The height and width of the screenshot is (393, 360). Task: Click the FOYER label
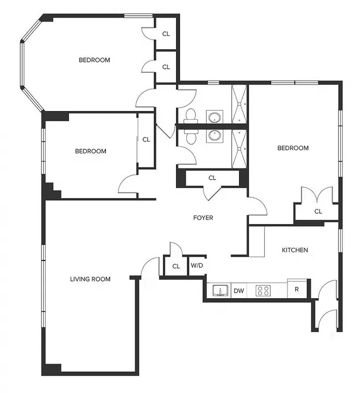tap(202, 218)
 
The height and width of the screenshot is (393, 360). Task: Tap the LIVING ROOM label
tap(90, 279)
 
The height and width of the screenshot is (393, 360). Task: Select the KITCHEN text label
tap(295, 250)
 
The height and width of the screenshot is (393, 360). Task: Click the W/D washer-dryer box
tap(196, 266)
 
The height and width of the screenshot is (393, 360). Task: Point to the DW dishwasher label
tap(239, 291)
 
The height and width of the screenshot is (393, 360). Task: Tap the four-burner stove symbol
tap(263, 291)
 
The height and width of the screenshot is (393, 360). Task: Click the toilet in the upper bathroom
tap(190, 116)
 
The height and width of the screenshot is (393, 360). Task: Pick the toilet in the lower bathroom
tap(190, 136)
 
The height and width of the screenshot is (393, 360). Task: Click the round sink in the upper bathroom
tap(214, 117)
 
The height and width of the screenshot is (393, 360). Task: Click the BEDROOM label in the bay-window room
tap(94, 60)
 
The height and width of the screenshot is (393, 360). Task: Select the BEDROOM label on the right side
tap(293, 148)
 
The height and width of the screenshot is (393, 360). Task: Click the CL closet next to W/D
tap(176, 266)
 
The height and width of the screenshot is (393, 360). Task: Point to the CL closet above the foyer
tap(212, 178)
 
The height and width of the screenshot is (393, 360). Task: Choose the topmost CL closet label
tap(166, 34)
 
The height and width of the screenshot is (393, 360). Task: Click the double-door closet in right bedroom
tap(318, 211)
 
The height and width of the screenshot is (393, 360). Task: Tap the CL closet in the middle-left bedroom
tap(146, 140)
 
